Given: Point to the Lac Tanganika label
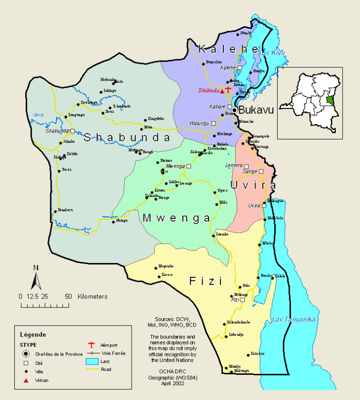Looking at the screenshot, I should point(293,320).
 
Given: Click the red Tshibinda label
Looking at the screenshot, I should point(208,91).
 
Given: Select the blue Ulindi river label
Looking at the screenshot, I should point(38,115).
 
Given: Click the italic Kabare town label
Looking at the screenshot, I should point(217,106).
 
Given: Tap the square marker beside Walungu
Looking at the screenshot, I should point(214,123).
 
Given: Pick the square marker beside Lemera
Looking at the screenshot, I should point(246,167).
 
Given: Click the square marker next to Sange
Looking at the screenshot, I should point(261,171).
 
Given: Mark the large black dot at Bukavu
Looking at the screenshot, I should point(235,110).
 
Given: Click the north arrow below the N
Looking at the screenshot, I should point(36,281).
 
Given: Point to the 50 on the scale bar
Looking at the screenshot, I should point(68,297).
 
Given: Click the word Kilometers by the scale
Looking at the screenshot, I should point(92,297).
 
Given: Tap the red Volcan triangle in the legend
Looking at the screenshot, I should point(25,380).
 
